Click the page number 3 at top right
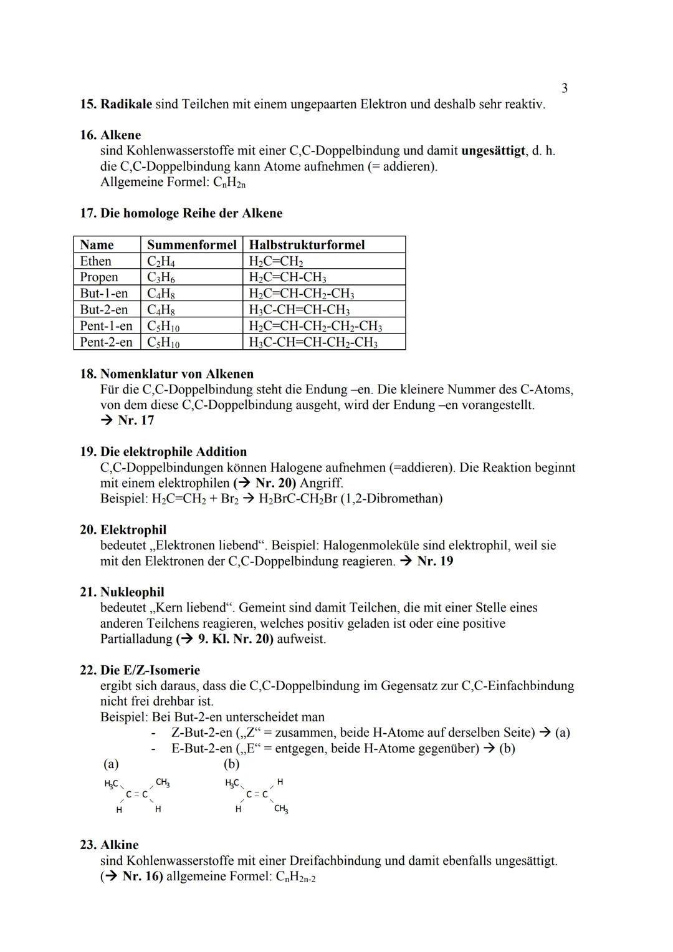tap(565, 89)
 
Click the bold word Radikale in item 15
tap(126, 104)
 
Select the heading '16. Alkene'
tap(110, 135)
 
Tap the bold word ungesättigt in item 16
tap(493, 151)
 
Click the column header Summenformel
tap(191, 245)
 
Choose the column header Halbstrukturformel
tap(307, 245)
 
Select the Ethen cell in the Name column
tap(96, 261)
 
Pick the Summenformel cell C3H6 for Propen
tap(161, 277)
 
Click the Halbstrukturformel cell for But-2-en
tap(299, 310)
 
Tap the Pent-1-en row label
tap(106, 326)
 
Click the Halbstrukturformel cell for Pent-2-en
tap(313, 342)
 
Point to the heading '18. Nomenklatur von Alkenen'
tap(166, 374)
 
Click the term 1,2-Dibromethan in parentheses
tap(391, 499)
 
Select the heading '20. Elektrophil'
tap(123, 530)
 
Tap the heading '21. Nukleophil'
tap(122, 592)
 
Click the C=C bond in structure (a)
tap(136, 795)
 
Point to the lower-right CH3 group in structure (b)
tap(281, 809)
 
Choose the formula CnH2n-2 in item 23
tap(295, 877)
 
